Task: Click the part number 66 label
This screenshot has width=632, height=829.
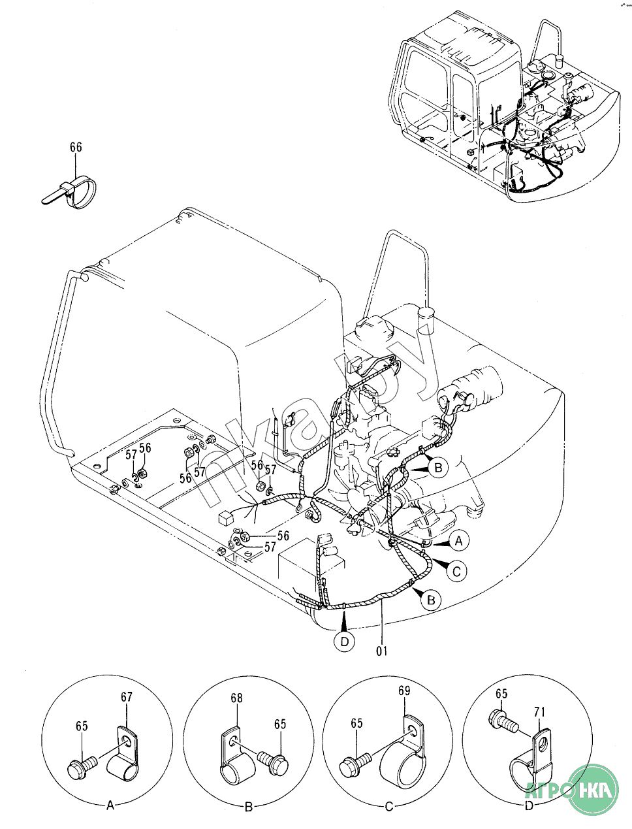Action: pos(76,148)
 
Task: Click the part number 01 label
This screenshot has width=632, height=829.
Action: pos(381,651)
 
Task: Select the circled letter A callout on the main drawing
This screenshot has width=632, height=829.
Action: pos(458,541)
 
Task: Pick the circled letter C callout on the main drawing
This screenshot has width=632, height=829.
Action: pos(457,571)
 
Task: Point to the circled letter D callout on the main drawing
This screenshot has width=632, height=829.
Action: pos(345,642)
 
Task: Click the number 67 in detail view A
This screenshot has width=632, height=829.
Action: pos(126,698)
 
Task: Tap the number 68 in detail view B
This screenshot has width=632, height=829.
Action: pos(236,698)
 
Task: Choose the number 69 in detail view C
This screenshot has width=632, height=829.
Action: pos(404,691)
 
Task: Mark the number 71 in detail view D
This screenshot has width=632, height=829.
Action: pos(540,712)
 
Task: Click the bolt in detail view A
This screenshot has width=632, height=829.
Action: pos(82,764)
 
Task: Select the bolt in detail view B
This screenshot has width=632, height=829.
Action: pos(272,760)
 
